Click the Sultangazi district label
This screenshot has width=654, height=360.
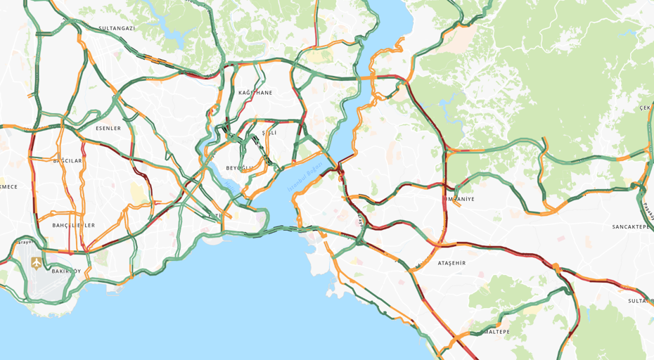[117, 28]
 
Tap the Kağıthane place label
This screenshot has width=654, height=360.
[255, 93]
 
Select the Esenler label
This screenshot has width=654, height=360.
[108, 129]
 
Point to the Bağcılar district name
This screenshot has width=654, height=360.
[68, 161]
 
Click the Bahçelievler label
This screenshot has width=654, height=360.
[73, 226]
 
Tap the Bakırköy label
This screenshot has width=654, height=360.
[66, 271]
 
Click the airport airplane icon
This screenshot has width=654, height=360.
[37, 263]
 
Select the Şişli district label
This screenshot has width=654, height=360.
[269, 133]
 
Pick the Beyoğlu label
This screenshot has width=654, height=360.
[239, 168]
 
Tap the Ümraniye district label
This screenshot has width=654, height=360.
[458, 199]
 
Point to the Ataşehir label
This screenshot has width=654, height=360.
[451, 263]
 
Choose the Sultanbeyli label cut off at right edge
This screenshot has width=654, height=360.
[641, 301]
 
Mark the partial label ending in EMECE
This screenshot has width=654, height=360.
[8, 187]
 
